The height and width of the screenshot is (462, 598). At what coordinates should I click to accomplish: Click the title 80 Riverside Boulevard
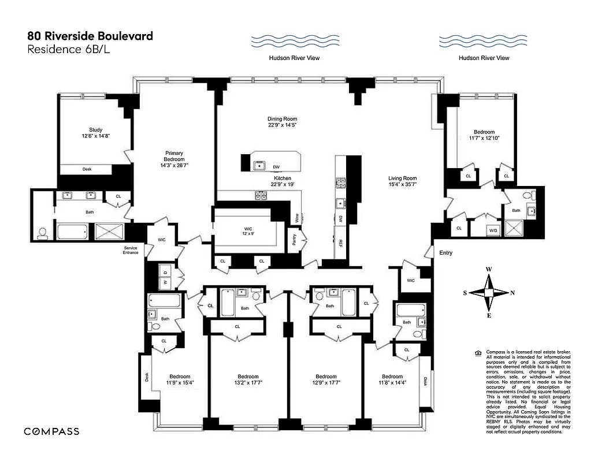coord(90,36)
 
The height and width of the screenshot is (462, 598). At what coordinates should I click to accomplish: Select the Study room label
coord(95,129)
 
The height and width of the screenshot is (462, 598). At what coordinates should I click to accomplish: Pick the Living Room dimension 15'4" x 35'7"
coord(402,184)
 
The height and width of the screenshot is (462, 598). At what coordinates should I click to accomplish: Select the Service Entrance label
coord(130,250)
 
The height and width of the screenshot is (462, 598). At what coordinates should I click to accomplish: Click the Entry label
coord(446,253)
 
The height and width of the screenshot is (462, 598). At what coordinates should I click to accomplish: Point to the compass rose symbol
coord(489,293)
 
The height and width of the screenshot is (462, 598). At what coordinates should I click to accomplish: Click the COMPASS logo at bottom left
coord(51,431)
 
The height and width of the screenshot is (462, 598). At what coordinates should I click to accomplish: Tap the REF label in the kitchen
coord(341,243)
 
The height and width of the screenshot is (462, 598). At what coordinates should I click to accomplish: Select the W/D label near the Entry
coord(493,230)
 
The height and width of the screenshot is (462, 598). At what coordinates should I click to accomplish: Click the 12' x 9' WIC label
coord(248,232)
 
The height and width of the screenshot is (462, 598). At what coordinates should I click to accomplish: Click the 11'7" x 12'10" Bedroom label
coord(484,135)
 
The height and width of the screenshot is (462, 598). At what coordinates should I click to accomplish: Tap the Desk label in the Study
coord(87,169)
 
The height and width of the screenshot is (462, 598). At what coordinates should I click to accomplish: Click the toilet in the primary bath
coord(42,233)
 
